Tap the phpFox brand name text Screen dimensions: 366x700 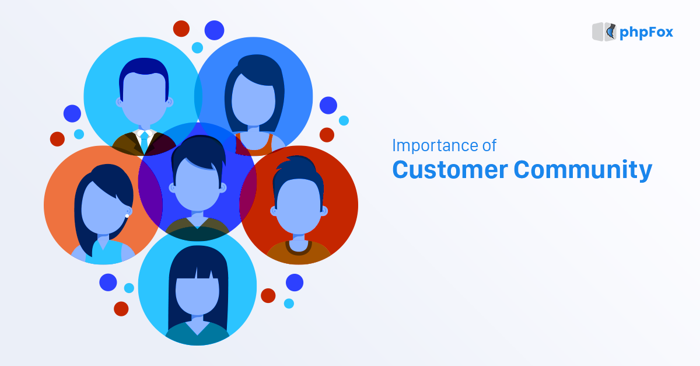click(x=646, y=32)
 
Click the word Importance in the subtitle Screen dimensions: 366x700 click(x=432, y=145)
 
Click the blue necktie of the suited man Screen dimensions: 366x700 click(x=144, y=141)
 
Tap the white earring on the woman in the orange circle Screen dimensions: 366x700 click(x=127, y=216)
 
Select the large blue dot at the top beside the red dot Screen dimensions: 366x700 click(x=214, y=30)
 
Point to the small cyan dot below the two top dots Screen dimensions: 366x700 click(x=197, y=48)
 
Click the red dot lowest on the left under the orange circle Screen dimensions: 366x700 click(x=121, y=309)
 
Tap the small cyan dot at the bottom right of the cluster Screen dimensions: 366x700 click(x=289, y=304)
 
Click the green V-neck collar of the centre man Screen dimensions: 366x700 click(x=198, y=224)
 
